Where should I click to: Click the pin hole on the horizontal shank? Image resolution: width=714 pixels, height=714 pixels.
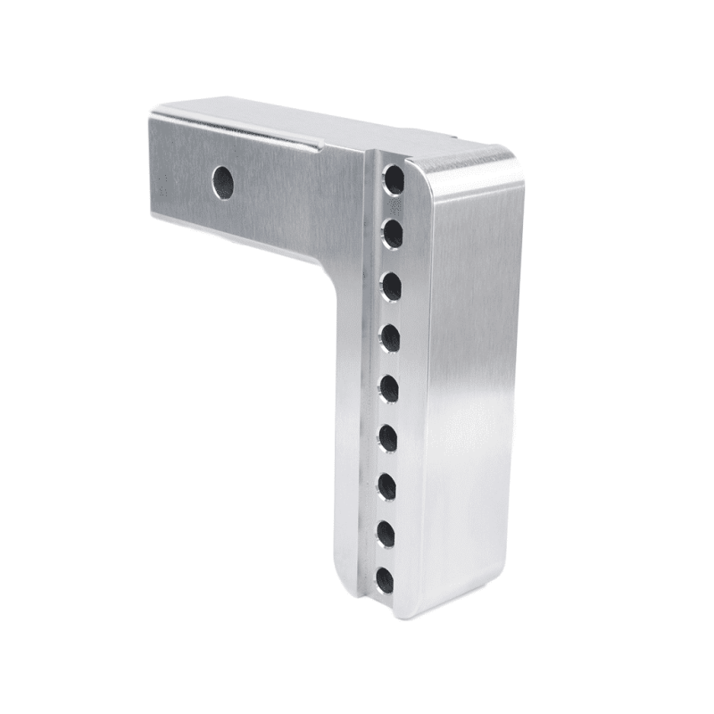(223, 182)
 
